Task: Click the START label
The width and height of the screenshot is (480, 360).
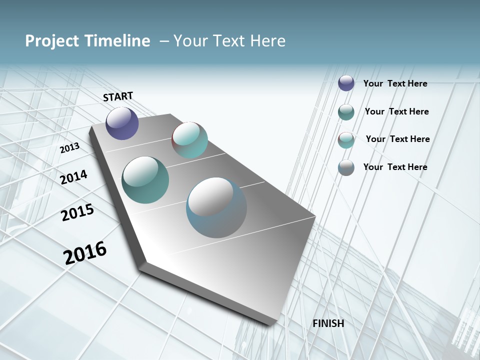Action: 118,96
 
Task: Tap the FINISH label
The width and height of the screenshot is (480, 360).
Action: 328,323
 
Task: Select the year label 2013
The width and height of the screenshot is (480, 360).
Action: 69,148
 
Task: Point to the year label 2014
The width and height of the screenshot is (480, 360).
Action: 73,177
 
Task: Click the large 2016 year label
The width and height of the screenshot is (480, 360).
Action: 85,253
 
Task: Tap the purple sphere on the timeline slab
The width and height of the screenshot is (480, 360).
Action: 122,123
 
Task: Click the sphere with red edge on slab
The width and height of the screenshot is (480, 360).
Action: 189,140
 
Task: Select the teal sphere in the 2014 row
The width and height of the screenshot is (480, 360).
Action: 145,180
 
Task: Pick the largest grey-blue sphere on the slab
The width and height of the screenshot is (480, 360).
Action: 216,208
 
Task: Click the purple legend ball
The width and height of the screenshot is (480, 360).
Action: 346,83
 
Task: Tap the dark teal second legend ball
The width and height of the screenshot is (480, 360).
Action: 346,112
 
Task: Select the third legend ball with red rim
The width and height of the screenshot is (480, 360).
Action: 346,140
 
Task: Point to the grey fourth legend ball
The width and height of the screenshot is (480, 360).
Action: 346,167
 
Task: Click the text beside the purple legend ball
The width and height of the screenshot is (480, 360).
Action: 395,83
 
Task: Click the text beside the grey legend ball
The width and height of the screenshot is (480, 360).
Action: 395,167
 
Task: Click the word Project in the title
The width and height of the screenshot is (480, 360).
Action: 49,41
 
